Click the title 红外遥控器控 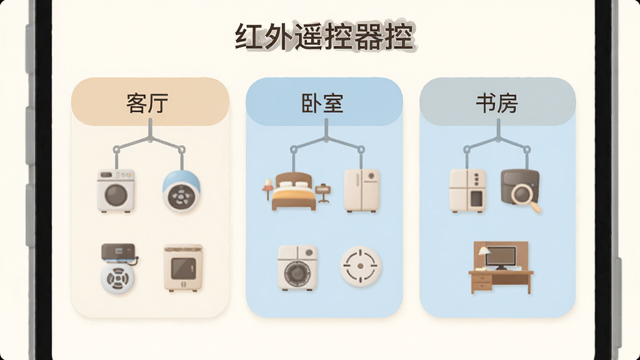point(325,37)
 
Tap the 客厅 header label point(147,104)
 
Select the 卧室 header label point(322,104)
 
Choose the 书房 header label point(497,104)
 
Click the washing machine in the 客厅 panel point(116,191)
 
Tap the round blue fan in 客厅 point(181,191)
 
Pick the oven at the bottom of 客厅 point(183,267)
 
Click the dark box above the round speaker point(118,252)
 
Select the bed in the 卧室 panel point(294,191)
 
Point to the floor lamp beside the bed point(267,189)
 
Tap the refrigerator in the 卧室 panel point(362,191)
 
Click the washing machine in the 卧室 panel point(297,267)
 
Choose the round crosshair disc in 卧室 point(361,266)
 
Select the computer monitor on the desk point(501,257)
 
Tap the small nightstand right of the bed point(323,192)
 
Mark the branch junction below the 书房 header point(498,139)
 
